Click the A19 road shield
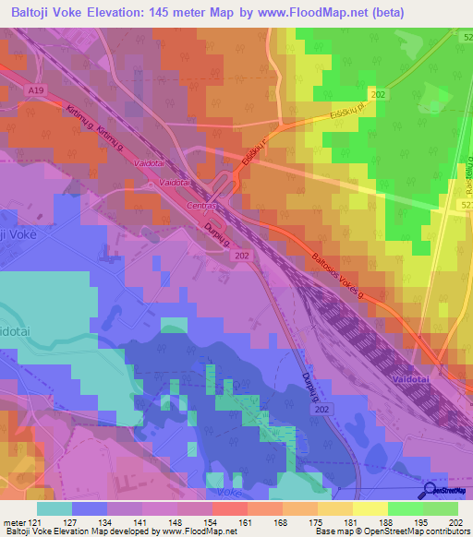click(36, 90)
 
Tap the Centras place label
click(201, 207)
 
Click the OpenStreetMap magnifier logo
click(430, 491)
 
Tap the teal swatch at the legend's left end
click(55, 508)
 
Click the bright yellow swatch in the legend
click(370, 508)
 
